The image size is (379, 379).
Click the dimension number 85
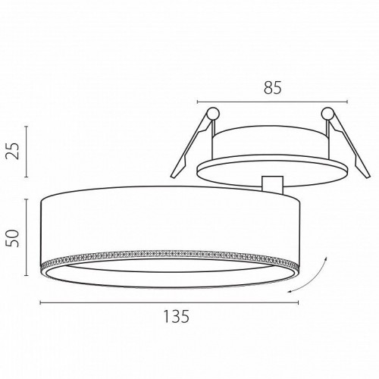pos(273,88)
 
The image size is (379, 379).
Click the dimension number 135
pos(177,316)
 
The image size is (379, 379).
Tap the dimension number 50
pos(13,238)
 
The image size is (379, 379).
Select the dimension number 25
pos(13,151)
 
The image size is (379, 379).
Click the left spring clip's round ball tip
pos(213,114)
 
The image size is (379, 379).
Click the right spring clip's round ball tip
pos(327,114)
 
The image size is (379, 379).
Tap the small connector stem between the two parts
pos(272,183)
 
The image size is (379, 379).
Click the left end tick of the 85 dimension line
pos(198,102)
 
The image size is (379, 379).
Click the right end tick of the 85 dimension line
pos(348,102)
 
